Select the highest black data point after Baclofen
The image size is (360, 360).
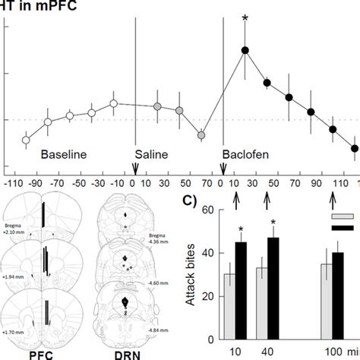pos(245,50)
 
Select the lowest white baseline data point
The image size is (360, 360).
pos(26,140)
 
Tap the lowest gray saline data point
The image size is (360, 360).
pos(201,135)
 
